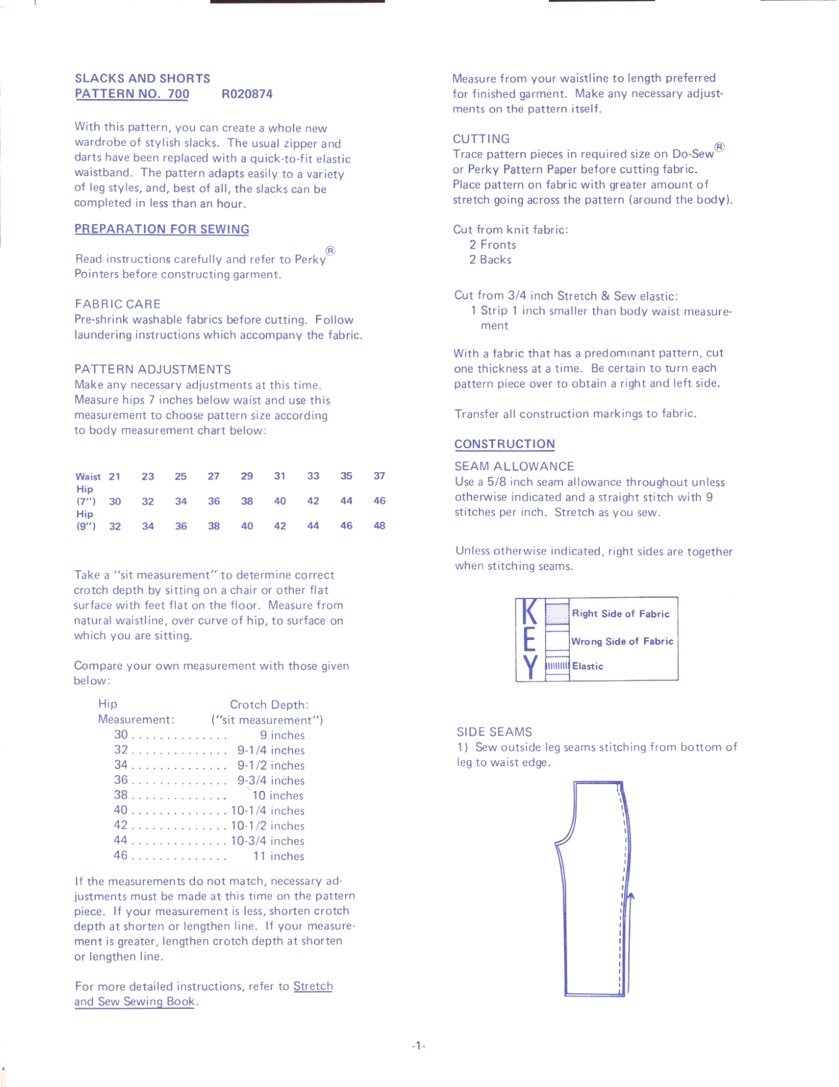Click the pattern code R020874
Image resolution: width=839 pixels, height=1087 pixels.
247,94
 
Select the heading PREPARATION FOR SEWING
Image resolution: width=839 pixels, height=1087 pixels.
162,230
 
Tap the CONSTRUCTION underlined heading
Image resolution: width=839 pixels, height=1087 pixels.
504,444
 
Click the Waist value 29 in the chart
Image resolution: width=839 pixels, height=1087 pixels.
247,476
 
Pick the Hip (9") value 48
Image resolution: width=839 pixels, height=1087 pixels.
379,526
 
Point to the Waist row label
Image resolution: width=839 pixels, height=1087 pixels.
88,477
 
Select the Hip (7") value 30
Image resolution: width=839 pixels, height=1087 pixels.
115,501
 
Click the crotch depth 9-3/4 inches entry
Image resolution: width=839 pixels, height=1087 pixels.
270,781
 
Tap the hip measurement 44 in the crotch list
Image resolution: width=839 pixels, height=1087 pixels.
121,840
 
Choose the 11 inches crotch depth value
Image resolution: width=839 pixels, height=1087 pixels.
279,857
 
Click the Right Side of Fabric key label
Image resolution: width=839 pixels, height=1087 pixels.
620,613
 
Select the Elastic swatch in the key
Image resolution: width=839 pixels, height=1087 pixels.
557,666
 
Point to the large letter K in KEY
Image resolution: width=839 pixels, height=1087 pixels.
530,613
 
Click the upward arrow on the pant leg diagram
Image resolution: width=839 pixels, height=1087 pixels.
630,898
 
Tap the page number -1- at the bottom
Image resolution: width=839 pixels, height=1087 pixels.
418,1046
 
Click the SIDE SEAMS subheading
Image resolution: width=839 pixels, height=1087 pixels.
494,732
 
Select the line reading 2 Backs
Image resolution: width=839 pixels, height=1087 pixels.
490,260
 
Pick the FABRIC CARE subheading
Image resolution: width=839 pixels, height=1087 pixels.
118,304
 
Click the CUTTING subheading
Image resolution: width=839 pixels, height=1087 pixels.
481,139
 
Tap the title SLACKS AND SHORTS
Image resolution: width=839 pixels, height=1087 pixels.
142,79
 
